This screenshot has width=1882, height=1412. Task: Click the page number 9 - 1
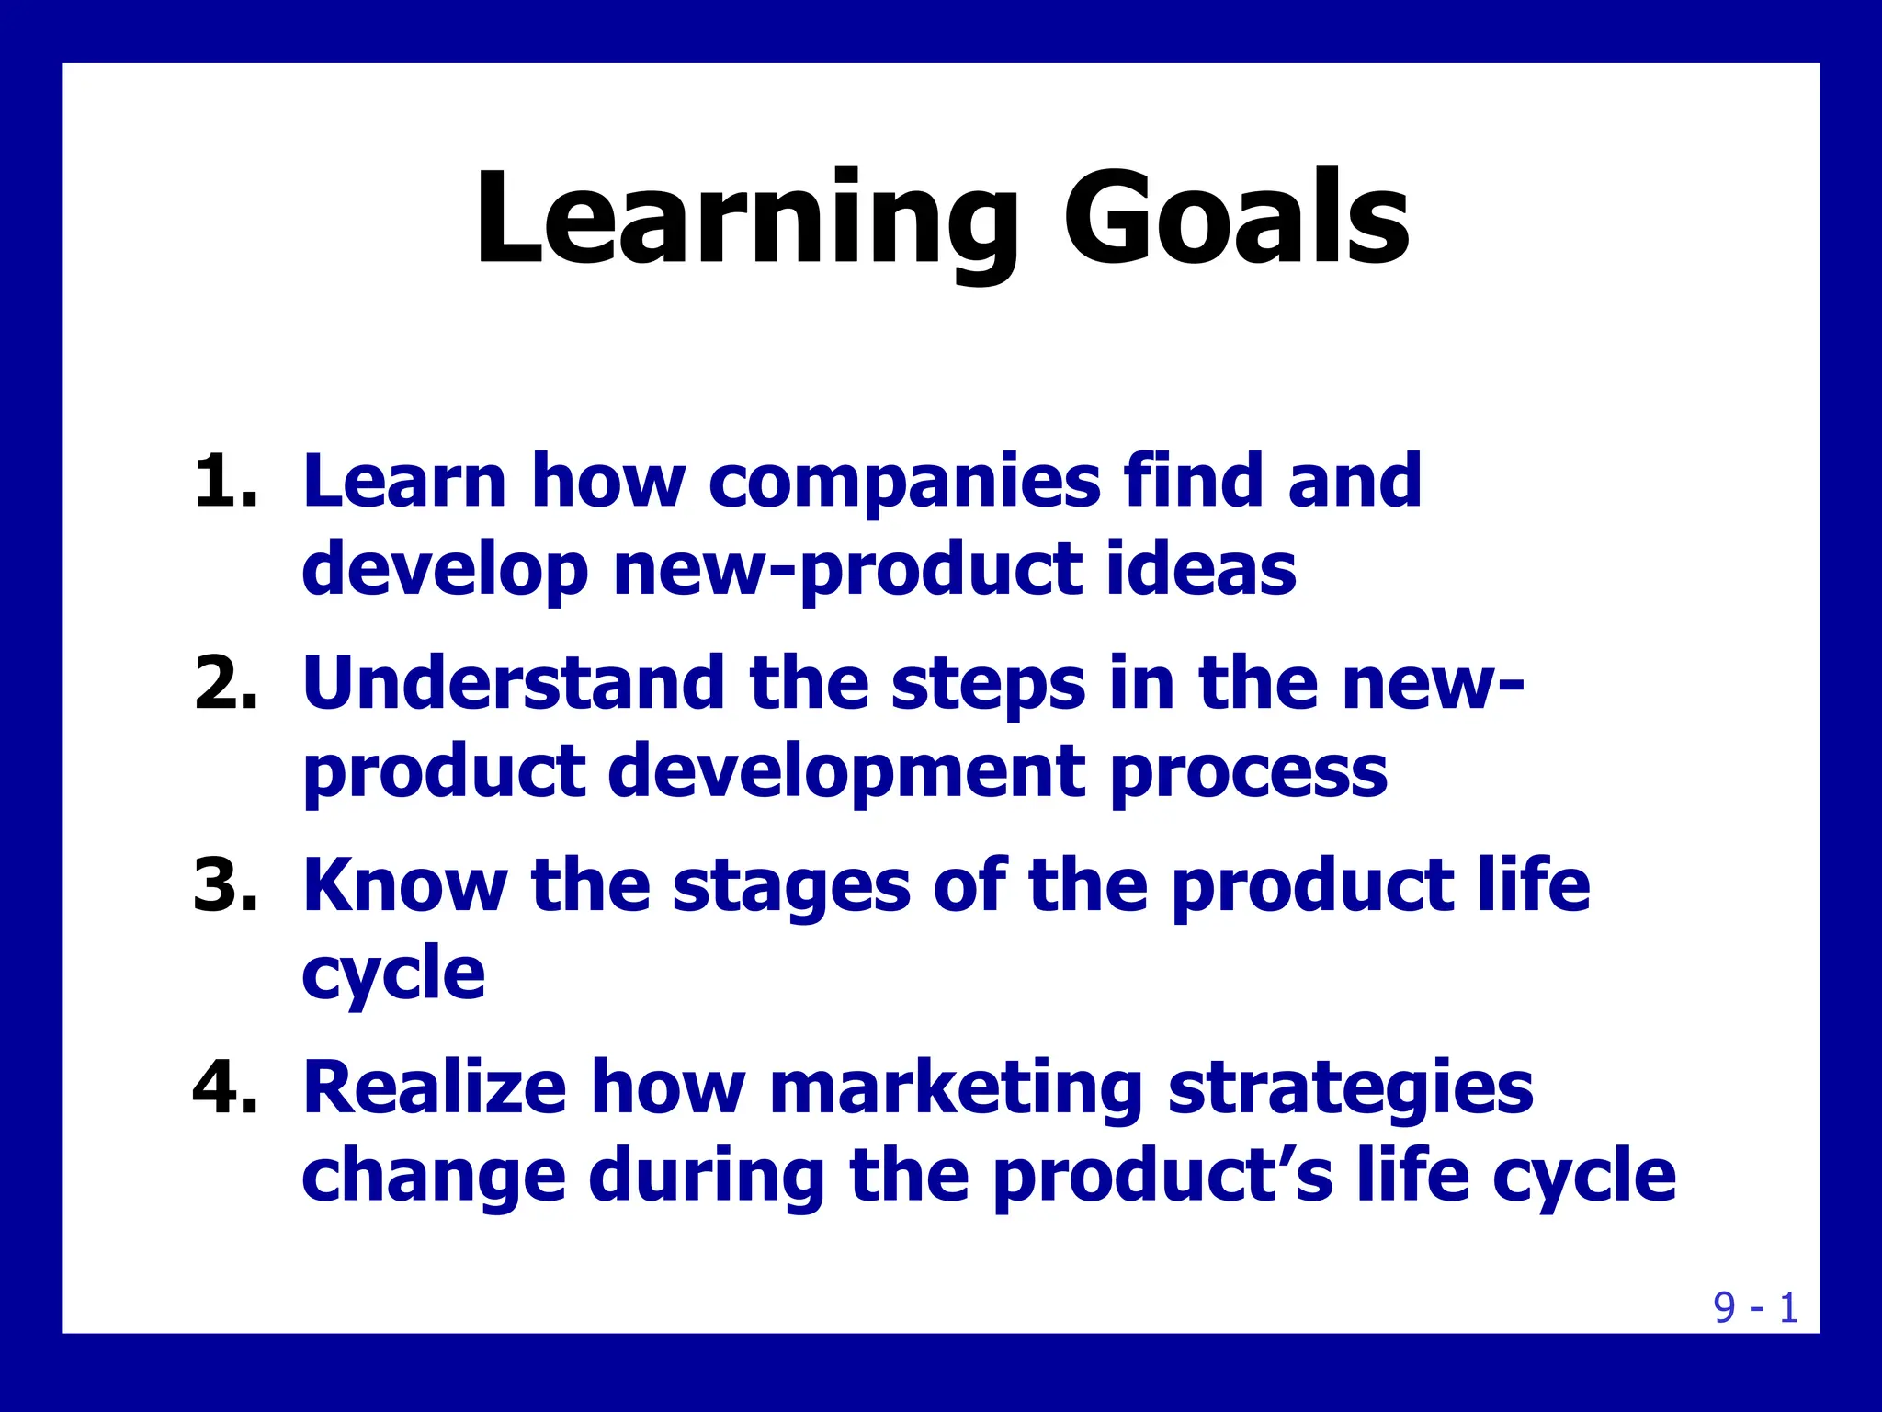coord(1755,1307)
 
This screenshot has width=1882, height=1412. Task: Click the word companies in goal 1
coord(904,482)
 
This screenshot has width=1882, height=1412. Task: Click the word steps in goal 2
coord(988,685)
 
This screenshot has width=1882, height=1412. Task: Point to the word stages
coord(791,887)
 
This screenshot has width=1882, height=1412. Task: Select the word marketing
coord(956,1089)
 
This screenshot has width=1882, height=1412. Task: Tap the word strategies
coord(1350,1089)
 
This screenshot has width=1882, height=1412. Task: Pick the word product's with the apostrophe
coord(1162,1177)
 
